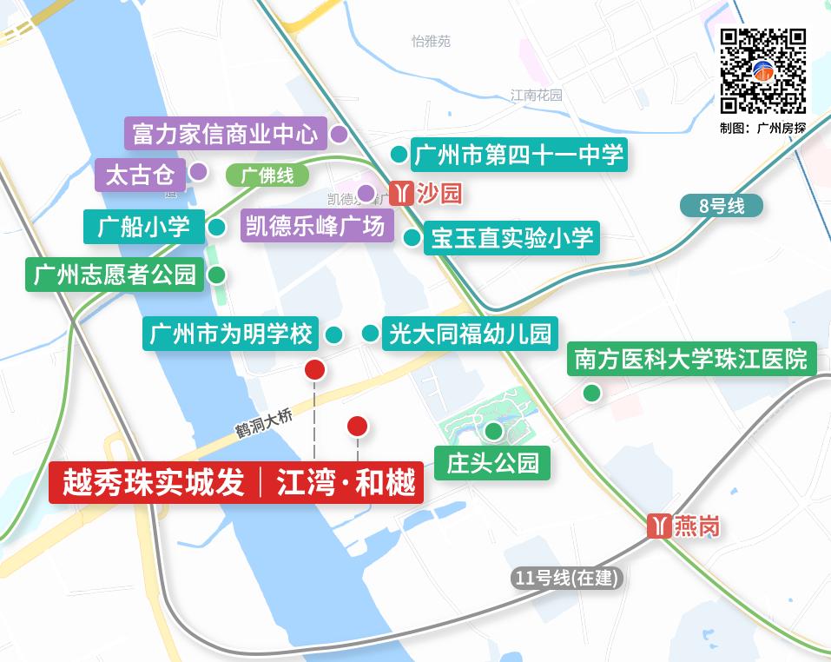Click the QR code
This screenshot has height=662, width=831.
click(x=763, y=71)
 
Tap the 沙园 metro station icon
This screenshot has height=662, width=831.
click(x=400, y=193)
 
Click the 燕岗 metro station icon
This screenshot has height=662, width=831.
click(x=660, y=526)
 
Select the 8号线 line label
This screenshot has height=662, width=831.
click(x=722, y=206)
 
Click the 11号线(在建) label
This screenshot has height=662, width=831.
click(x=568, y=578)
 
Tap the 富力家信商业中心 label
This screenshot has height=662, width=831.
click(x=225, y=134)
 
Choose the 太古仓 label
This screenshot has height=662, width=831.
click(x=139, y=175)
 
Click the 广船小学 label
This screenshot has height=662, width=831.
click(x=143, y=227)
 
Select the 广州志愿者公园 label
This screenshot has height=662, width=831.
click(x=115, y=275)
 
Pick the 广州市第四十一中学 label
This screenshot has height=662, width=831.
click(x=518, y=155)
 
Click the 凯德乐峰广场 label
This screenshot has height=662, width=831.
click(x=316, y=227)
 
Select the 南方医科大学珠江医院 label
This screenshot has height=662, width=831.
click(x=690, y=359)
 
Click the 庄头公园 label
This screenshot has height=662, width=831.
click(x=492, y=462)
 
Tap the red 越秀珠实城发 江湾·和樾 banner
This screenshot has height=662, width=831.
click(x=236, y=482)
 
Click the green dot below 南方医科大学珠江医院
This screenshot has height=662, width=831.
click(x=591, y=393)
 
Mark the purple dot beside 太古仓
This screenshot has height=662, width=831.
click(x=199, y=171)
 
